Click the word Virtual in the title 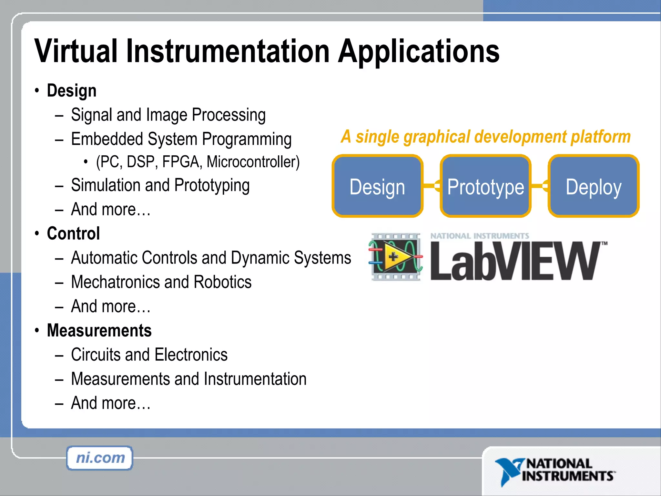point(76,51)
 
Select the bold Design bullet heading point(72,90)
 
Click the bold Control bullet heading point(73,233)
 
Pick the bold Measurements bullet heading point(99,330)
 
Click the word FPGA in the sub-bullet point(182,162)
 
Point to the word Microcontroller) point(253,162)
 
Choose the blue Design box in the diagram point(377,186)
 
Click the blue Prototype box point(485,186)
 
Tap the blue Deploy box point(593,186)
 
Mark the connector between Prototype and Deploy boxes point(539,186)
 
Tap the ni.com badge point(100,458)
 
